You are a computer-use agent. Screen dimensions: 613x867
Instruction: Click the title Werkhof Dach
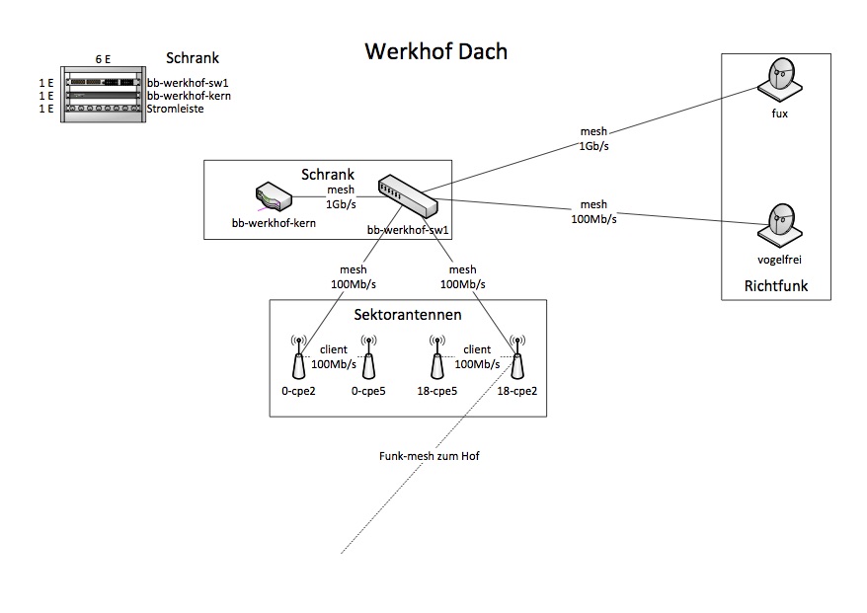point(435,51)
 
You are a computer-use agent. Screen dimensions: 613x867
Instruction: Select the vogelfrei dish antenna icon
point(779,224)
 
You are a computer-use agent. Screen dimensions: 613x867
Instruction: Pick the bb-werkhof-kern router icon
point(274,195)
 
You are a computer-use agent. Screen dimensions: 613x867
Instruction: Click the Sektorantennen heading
point(407,315)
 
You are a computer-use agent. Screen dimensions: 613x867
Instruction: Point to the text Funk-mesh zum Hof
point(429,457)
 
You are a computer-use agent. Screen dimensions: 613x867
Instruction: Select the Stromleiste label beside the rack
point(176,109)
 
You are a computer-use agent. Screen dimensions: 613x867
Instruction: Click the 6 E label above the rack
point(103,59)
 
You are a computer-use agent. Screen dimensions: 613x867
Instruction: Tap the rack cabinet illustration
point(102,95)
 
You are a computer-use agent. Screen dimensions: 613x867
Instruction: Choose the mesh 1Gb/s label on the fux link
point(594,138)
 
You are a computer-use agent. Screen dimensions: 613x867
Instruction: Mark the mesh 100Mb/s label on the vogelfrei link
point(594,212)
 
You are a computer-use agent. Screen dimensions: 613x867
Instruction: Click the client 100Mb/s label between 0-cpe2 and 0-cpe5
point(334,356)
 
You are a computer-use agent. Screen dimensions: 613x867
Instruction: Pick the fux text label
point(779,114)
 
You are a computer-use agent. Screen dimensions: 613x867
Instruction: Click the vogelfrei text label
point(779,259)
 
